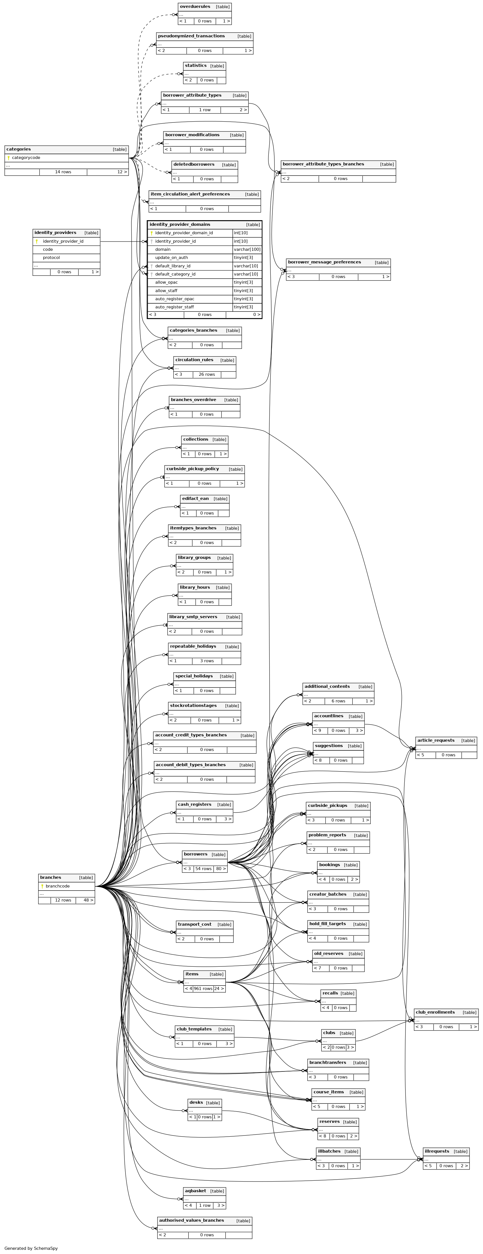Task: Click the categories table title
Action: coord(19,149)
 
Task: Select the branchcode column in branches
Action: coord(58,886)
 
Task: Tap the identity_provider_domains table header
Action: coord(180,224)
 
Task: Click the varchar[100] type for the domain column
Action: coord(247,249)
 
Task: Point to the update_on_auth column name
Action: coord(171,258)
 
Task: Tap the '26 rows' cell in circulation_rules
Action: coord(206,374)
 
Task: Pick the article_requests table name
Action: coord(435,740)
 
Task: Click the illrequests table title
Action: coord(436,1151)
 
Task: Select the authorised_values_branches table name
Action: coord(191,1220)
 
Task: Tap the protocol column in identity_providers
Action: coord(51,258)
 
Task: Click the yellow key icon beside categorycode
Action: coord(8,158)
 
